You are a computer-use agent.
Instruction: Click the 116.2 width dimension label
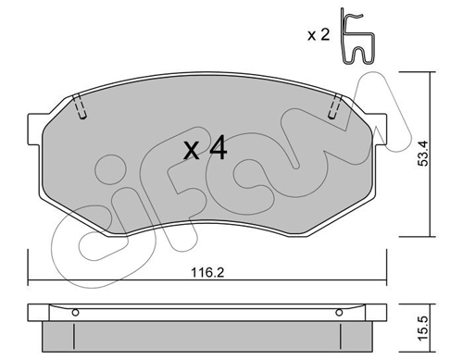(207, 273)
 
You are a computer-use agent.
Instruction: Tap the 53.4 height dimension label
(423, 154)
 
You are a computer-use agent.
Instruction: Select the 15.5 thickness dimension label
(424, 329)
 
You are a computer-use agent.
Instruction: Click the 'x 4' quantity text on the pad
(206, 150)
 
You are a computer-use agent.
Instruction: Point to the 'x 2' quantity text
(319, 35)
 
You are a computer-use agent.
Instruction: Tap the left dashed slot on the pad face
(80, 106)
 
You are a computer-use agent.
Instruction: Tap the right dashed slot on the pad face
(335, 106)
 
